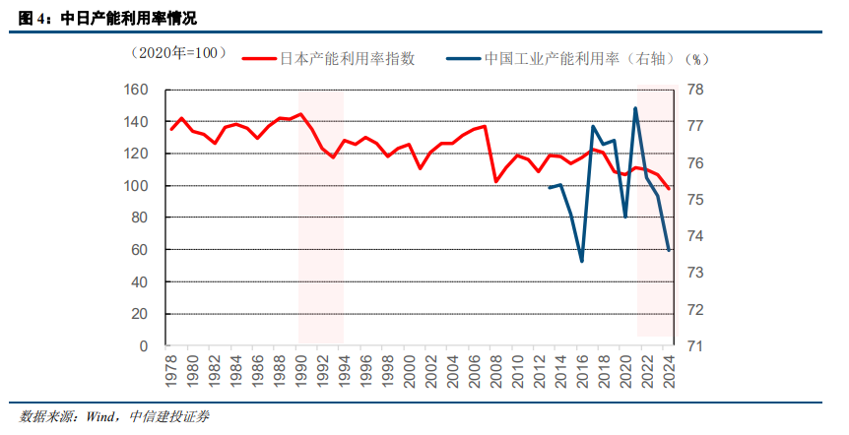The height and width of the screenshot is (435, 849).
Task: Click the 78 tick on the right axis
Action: click(693, 91)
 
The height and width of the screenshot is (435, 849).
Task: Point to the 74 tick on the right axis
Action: click(693, 236)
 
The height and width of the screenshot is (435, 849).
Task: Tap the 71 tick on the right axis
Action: click(693, 346)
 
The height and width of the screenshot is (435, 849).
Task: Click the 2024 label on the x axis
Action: click(670, 371)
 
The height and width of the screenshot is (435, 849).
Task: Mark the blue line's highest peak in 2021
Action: click(636, 108)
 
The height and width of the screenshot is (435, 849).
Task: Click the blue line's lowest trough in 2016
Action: click(582, 261)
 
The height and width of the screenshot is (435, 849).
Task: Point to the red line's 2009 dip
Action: click(495, 181)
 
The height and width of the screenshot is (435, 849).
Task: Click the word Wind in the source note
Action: click(102, 416)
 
